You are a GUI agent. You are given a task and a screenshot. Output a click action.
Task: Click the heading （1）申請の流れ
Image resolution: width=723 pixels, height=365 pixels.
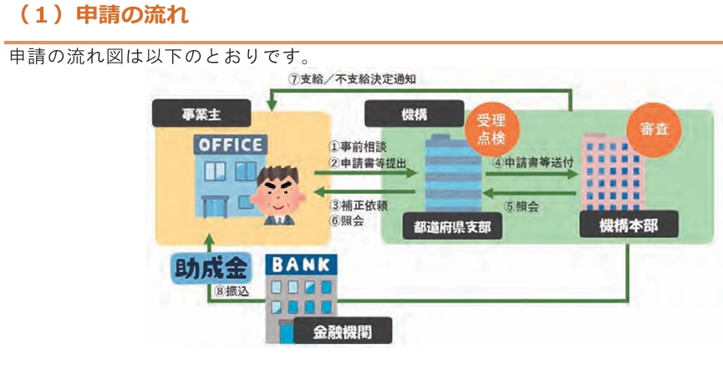pyautogui.click(x=101, y=15)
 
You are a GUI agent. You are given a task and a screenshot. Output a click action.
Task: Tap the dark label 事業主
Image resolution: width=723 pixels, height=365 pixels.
pyautogui.click(x=201, y=114)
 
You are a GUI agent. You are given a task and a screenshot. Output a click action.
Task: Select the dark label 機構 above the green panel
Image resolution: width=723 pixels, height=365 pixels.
pyautogui.click(x=414, y=114)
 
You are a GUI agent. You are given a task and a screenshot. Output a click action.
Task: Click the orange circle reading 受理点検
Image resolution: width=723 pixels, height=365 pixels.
pyautogui.click(x=491, y=129)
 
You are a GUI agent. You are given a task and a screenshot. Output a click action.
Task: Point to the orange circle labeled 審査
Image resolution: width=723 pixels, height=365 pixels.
pyautogui.click(x=654, y=129)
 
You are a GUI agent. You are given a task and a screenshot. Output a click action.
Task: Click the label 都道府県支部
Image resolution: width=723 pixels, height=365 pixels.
pyautogui.click(x=452, y=226)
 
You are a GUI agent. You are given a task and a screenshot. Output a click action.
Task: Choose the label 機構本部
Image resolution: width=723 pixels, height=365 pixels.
pyautogui.click(x=629, y=225)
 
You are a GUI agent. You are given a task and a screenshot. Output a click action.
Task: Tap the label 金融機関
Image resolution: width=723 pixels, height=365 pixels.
pyautogui.click(x=343, y=331)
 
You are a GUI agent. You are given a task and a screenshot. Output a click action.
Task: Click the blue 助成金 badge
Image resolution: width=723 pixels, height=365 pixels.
pyautogui.click(x=212, y=268)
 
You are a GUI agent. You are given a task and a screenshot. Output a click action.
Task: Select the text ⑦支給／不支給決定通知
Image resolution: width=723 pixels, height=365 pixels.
pyautogui.click(x=352, y=79)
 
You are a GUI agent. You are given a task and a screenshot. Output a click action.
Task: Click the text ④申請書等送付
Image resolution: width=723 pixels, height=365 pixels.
pyautogui.click(x=533, y=162)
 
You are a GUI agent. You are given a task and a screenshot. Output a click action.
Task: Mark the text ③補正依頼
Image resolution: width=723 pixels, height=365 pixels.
pyautogui.click(x=358, y=205)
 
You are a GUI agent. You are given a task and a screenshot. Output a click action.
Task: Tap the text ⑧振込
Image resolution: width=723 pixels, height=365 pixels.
pyautogui.click(x=232, y=291)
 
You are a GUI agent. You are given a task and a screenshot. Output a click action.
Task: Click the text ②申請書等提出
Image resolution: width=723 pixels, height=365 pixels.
pyautogui.click(x=368, y=163)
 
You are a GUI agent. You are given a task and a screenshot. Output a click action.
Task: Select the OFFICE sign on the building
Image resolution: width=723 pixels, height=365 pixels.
pyautogui.click(x=231, y=145)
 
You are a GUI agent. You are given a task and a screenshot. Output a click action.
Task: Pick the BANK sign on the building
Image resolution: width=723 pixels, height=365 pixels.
pyautogui.click(x=301, y=265)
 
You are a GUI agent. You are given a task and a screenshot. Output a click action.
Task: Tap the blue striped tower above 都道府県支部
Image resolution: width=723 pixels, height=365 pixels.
pyautogui.click(x=453, y=173)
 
